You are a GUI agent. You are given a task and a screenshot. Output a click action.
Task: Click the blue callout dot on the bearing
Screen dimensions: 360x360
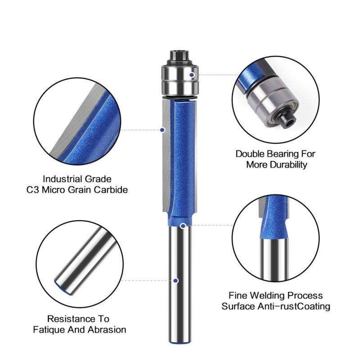pos(192,75)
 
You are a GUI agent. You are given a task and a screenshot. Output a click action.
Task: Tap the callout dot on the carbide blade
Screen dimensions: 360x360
pos(162,130)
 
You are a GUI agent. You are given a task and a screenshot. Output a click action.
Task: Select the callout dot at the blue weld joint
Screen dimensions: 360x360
pos(183,226)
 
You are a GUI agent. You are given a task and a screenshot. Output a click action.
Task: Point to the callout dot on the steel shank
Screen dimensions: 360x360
pos(176,280)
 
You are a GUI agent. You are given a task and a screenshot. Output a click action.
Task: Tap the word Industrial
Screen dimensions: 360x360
pos(61,179)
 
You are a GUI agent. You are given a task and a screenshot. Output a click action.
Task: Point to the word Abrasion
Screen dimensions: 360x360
pos(107,330)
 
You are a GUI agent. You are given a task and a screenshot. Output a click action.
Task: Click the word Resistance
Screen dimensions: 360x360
pos(71,319)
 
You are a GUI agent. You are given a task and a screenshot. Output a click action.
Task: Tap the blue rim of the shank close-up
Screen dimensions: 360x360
pos(63,288)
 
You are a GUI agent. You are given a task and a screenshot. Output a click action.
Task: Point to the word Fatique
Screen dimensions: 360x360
pos(49,330)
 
